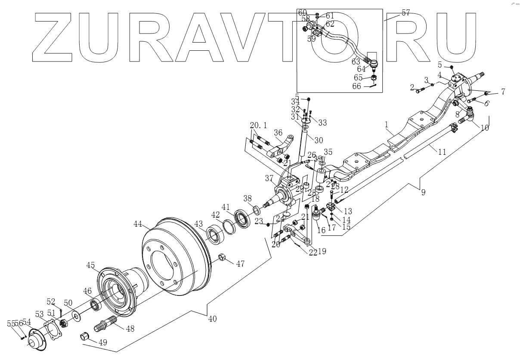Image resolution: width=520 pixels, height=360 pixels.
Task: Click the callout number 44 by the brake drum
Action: (138, 224)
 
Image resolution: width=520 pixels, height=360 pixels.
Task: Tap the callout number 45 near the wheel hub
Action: (90, 265)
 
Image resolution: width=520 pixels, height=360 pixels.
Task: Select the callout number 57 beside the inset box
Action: (405, 13)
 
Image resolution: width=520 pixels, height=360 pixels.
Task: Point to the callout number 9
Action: (423, 192)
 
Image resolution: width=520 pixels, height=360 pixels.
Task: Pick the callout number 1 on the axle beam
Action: (387, 124)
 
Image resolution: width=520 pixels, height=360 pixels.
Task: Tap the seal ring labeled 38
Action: (257, 210)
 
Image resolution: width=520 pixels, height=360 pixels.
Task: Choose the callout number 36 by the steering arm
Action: (278, 132)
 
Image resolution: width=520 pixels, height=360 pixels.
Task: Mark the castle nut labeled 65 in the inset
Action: (374, 78)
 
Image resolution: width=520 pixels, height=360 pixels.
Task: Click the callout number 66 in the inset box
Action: (357, 86)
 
